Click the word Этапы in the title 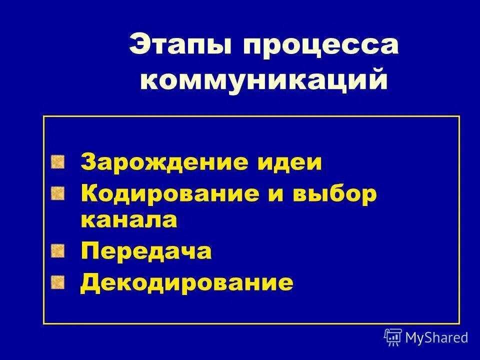point(181,46)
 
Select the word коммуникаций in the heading point(263,79)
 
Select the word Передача point(146,251)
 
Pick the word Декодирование point(187,282)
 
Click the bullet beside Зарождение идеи point(58,161)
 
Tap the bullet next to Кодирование point(58,192)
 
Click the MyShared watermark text point(436,337)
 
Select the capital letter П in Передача point(89,251)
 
